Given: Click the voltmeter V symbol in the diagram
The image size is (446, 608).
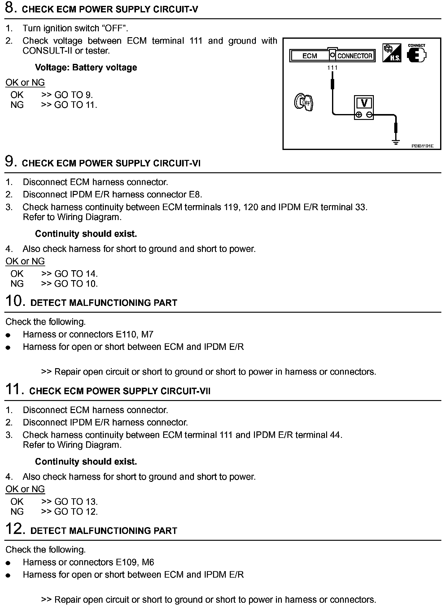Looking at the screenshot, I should [x=364, y=103].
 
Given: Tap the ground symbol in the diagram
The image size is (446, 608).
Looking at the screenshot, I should [x=396, y=142].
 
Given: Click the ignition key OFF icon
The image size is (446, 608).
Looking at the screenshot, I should [x=304, y=102].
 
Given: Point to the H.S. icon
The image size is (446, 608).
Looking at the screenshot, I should [x=392, y=53].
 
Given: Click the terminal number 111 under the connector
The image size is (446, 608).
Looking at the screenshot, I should [x=332, y=67].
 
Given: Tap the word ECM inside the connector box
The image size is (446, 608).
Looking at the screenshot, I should [x=309, y=56].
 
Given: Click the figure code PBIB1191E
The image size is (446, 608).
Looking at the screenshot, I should [x=422, y=146].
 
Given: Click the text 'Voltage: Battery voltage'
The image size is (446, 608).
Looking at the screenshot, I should [x=86, y=68].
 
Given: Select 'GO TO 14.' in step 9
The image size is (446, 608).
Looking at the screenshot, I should [x=76, y=274].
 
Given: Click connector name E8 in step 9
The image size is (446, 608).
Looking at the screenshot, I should [x=195, y=195].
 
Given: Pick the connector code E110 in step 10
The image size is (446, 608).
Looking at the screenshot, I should [x=126, y=334].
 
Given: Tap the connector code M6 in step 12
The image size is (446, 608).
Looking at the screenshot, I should [x=147, y=562].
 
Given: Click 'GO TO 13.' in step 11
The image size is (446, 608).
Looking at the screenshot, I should [x=76, y=502].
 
